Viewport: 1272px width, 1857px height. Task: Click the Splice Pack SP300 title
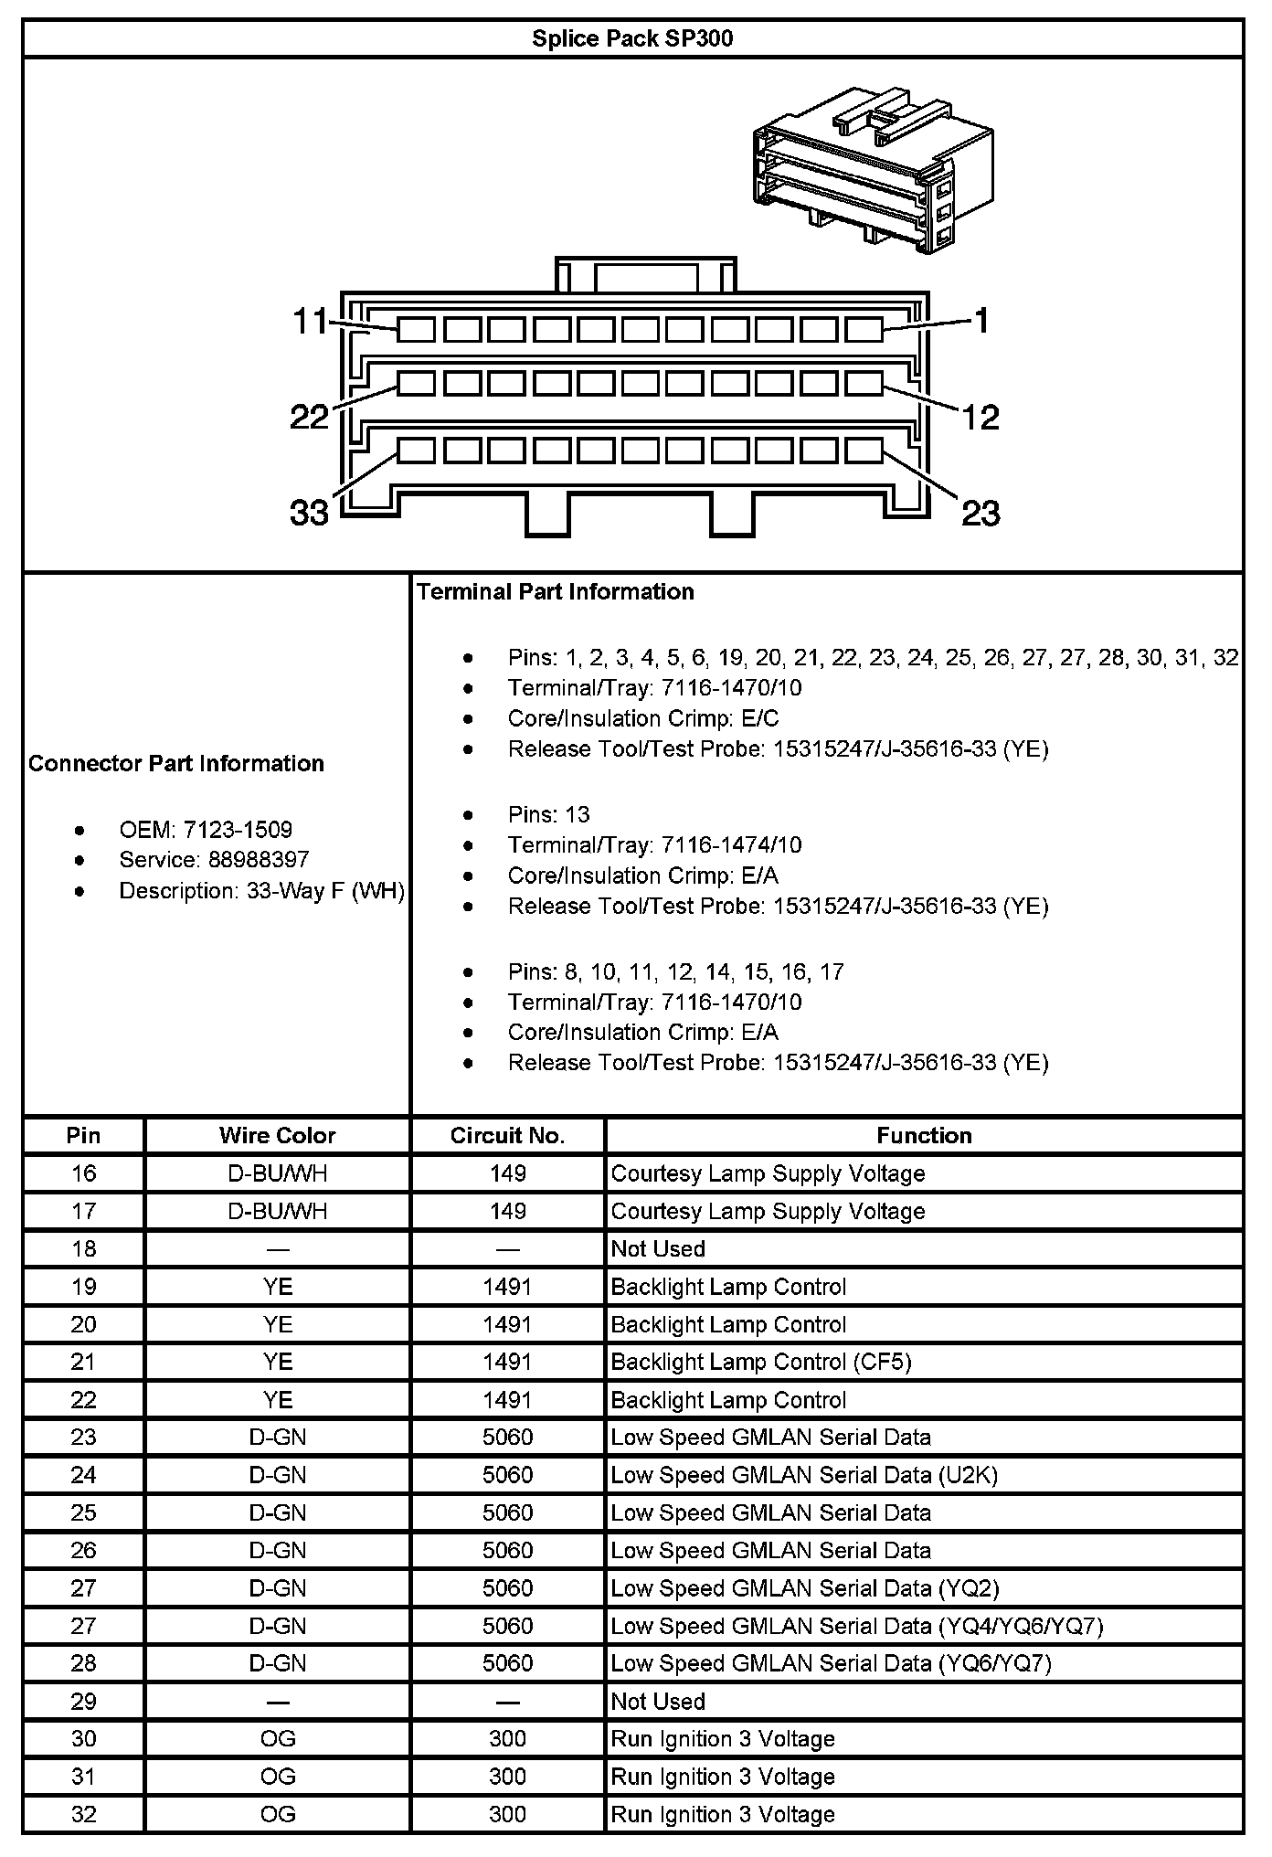(x=632, y=39)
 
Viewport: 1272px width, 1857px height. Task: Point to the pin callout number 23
(x=980, y=514)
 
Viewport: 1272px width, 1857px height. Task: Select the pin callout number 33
(x=309, y=513)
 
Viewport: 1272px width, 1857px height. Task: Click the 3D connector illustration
(x=872, y=171)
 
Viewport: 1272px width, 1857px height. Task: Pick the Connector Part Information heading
(x=176, y=763)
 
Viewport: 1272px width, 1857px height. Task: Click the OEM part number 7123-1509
(x=238, y=830)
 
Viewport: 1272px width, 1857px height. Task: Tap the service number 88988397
(x=259, y=860)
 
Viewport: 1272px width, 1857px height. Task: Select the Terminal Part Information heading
(x=556, y=591)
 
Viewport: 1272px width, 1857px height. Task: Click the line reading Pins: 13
(x=549, y=814)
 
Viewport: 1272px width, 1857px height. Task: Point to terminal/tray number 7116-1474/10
(x=726, y=844)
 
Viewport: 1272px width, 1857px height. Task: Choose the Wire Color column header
(x=277, y=1135)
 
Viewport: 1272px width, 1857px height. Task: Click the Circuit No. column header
(x=507, y=1135)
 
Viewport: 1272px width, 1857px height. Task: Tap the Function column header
(x=924, y=1135)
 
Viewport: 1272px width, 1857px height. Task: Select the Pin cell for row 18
(x=83, y=1248)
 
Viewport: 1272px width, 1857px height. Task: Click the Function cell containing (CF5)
(x=761, y=1362)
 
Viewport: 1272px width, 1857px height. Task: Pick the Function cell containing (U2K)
(x=804, y=1475)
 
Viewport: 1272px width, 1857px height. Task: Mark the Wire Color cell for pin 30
(x=277, y=1738)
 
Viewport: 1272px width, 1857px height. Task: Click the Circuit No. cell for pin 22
(x=507, y=1400)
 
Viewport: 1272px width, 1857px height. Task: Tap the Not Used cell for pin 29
(x=658, y=1701)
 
